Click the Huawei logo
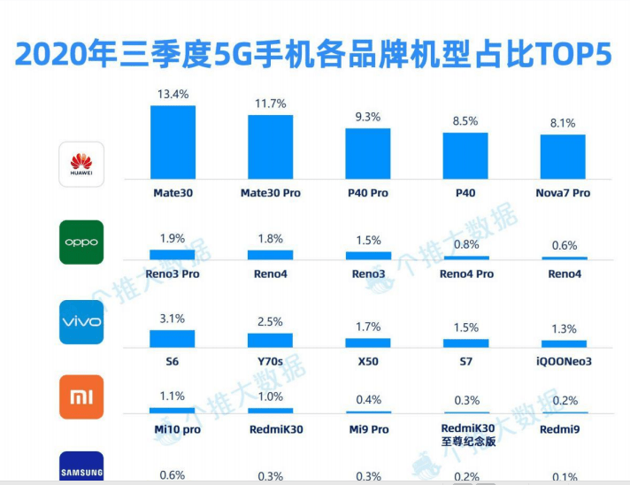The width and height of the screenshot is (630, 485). [81, 164]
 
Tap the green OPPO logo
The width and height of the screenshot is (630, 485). [81, 242]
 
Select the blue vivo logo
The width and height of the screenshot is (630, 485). [81, 321]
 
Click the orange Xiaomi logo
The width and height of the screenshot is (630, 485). [81, 397]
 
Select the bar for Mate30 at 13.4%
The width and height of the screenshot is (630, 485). [173, 142]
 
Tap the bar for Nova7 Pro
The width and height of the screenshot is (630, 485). [563, 156]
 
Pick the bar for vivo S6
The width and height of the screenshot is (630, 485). [173, 338]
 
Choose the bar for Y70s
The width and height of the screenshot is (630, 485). [270, 340]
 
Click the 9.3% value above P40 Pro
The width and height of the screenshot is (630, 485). [367, 117]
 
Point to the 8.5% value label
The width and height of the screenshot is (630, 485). [465, 121]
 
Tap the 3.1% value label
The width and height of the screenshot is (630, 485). [173, 318]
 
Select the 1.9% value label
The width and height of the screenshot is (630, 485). [173, 238]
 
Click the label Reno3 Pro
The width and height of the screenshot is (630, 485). [173, 274]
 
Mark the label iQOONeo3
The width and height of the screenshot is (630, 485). [563, 362]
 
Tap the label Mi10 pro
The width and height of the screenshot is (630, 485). [173, 428]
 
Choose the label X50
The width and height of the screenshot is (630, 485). [367, 362]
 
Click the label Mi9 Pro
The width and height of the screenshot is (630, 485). [367, 428]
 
